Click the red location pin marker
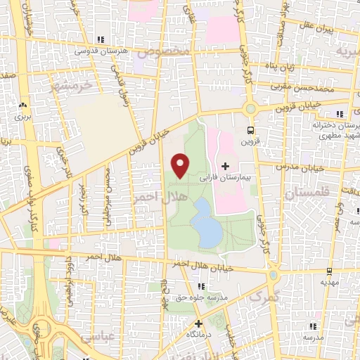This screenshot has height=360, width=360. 181,165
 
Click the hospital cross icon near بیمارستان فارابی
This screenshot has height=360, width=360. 225,166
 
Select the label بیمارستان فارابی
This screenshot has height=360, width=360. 225,179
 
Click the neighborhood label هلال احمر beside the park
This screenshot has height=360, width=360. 151,199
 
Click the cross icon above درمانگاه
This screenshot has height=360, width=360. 199,324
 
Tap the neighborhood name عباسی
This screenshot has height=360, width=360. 97,337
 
